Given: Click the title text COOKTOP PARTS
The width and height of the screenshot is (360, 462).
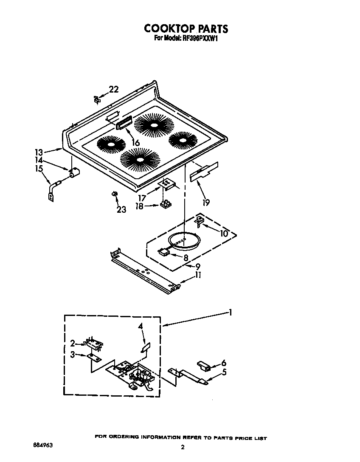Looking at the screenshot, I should point(186,28).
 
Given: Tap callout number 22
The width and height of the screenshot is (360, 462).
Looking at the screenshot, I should point(113,89).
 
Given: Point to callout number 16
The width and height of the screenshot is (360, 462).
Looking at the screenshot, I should point(135,143).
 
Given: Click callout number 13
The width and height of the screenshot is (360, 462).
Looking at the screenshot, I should point(39,152).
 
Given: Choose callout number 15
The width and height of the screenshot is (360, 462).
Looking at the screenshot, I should point(39,169).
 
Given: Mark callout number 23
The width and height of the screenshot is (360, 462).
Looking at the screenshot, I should point(121,209).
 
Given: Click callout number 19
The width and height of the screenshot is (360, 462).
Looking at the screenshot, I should point(206,203).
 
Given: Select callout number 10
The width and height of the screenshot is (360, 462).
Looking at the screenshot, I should point(223,233).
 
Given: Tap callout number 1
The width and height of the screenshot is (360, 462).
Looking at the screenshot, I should point(230,313).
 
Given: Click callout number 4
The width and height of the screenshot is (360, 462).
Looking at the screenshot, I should point(141,326).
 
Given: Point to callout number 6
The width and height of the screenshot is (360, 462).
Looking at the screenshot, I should point(224,363).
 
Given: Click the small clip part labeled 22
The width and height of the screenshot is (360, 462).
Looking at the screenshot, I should point(97,99).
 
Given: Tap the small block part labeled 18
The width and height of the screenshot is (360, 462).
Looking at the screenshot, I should point(166,205).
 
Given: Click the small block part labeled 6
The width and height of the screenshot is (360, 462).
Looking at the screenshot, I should point(204,366).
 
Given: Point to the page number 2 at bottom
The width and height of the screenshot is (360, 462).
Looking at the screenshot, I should point(183,447).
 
